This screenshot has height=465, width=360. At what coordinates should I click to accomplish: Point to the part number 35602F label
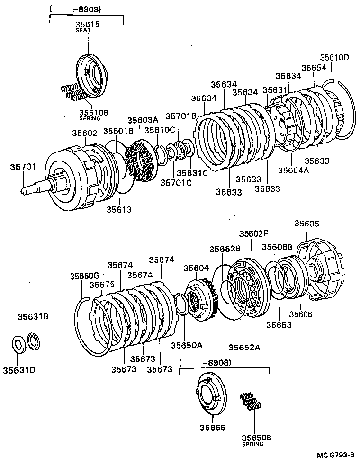pos(253,233)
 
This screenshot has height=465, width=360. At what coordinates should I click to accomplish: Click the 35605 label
pos(307,224)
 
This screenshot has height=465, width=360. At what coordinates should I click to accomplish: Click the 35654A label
pos(293,170)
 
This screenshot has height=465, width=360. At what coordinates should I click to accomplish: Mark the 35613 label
pos(118,208)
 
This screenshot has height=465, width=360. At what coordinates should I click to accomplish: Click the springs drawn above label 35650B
pos(250,401)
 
